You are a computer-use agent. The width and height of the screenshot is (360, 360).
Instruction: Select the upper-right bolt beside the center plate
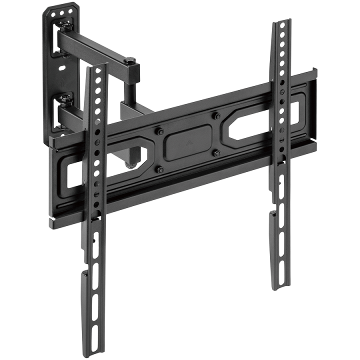pyautogui.click(x=217, y=116)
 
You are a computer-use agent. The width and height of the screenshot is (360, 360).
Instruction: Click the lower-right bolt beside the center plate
pyautogui.click(x=217, y=153)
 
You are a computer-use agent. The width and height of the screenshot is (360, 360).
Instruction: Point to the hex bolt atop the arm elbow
pyautogui.click(x=131, y=61)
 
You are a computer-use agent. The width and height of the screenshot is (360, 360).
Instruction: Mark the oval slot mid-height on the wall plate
pyautogui.click(x=61, y=66)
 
